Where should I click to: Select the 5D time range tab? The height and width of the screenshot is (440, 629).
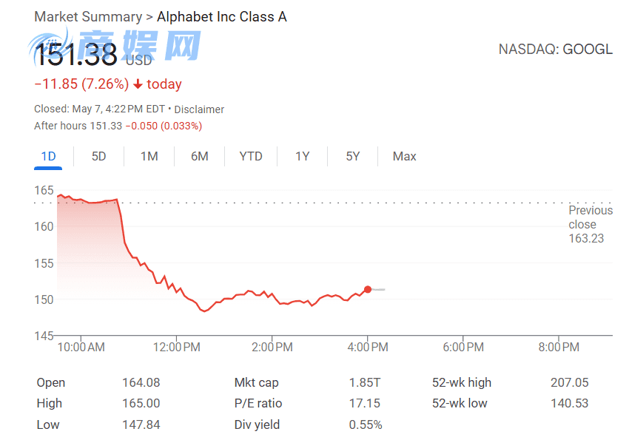tap(98, 156)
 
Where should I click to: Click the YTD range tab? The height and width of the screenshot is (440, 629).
tap(251, 156)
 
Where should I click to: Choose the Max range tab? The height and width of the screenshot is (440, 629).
tap(404, 156)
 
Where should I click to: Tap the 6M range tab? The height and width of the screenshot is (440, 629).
tap(199, 156)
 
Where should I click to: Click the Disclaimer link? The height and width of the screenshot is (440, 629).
tap(199, 109)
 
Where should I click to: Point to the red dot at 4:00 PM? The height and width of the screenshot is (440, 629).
tap(368, 289)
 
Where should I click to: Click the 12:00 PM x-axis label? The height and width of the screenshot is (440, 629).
tap(176, 347)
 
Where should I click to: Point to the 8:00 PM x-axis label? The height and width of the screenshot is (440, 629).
tap(559, 347)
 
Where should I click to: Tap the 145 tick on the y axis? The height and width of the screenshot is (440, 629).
tap(44, 336)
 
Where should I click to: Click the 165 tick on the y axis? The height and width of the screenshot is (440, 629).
tap(44, 190)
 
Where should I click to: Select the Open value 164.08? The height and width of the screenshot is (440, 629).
tap(141, 382)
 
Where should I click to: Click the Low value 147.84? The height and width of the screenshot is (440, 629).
tap(141, 424)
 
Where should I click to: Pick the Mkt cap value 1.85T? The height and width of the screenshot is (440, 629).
tap(365, 382)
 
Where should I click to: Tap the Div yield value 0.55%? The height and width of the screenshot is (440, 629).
tap(366, 424)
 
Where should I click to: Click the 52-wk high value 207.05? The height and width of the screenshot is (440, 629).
tap(570, 382)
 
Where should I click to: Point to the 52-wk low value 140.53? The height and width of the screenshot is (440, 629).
tap(570, 403)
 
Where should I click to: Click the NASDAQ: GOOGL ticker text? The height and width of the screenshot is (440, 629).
tap(555, 50)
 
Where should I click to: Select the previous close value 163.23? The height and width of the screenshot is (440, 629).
tap(586, 238)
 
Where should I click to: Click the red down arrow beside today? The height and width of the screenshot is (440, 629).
tap(138, 84)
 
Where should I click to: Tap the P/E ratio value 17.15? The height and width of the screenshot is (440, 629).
tap(364, 403)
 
